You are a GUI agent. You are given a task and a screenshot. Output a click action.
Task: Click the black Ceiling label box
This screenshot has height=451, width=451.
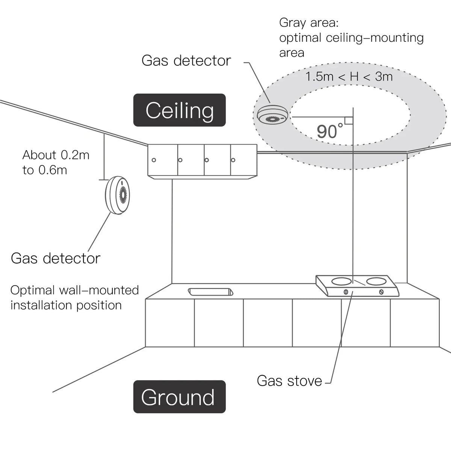[x=180, y=110]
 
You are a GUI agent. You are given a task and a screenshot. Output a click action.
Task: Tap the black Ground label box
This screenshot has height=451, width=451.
[x=179, y=397]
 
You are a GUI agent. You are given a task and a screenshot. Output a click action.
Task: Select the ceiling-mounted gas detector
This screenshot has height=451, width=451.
[x=272, y=116]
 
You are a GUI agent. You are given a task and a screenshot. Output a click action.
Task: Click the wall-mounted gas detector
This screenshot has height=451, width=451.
[x=118, y=195]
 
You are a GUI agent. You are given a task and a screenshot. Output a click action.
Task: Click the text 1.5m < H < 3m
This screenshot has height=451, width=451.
[x=349, y=77]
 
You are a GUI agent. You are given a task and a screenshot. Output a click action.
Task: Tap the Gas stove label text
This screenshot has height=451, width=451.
[x=289, y=381]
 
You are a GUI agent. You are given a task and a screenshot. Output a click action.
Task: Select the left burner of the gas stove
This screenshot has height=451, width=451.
[x=342, y=281]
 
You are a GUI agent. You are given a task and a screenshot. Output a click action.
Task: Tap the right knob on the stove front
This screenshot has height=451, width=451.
[x=381, y=292]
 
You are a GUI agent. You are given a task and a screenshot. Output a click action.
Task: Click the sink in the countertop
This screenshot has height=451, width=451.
[x=210, y=292]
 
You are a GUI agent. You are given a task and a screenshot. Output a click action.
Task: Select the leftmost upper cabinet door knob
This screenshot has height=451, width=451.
[x=154, y=160]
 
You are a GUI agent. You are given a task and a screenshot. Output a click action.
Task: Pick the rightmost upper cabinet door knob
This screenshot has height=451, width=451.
[x=233, y=160]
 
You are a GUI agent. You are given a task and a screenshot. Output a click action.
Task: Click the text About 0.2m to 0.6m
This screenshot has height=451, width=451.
[x=56, y=162]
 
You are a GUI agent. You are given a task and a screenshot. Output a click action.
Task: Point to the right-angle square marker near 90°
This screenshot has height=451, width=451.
[x=348, y=120]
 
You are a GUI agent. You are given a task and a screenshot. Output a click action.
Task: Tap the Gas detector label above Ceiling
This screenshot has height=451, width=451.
[x=186, y=61]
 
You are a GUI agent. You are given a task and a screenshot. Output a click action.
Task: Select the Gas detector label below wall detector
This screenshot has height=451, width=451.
[x=56, y=258]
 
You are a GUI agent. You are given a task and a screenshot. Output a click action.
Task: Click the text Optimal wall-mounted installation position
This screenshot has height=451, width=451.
[x=74, y=297]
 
